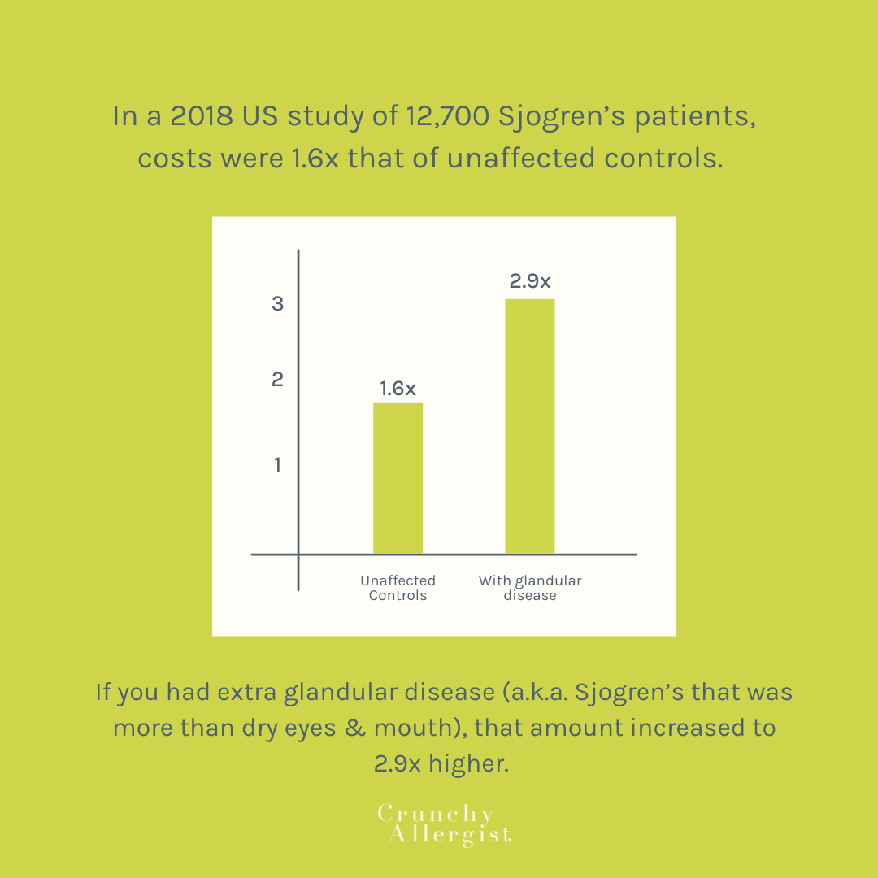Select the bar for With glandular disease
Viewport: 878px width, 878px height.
pyautogui.click(x=530, y=426)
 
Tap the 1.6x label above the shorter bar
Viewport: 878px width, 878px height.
pyautogui.click(x=398, y=389)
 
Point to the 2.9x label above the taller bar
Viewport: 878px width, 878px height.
pyautogui.click(x=530, y=282)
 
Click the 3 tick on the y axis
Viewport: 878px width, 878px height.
pyautogui.click(x=278, y=304)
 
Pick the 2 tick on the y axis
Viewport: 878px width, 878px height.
pyautogui.click(x=278, y=380)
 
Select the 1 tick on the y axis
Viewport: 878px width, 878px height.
pyautogui.click(x=278, y=465)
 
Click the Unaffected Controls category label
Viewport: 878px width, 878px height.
pyautogui.click(x=398, y=588)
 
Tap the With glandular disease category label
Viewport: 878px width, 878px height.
pyautogui.click(x=530, y=588)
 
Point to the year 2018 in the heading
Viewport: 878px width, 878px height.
pyautogui.click(x=202, y=116)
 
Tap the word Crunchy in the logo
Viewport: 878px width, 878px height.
pyautogui.click(x=436, y=815)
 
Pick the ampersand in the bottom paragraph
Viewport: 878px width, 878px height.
pyautogui.click(x=352, y=727)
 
